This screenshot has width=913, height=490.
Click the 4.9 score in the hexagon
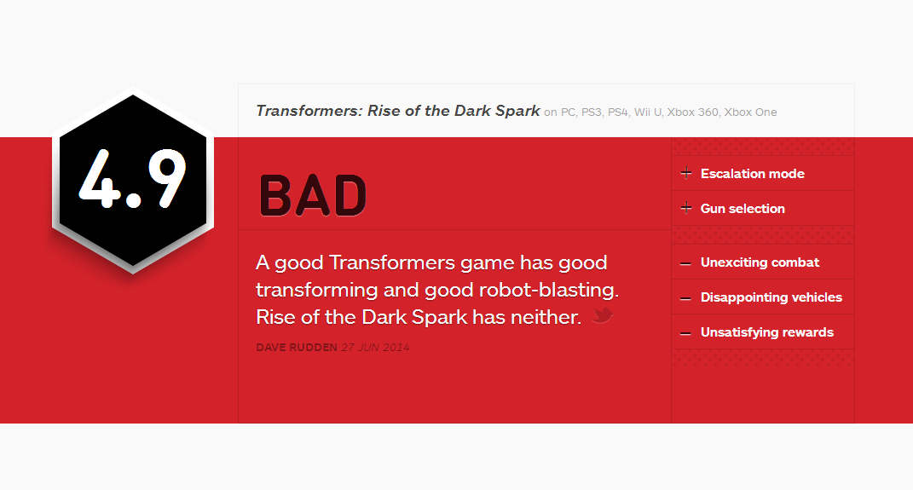pyautogui.click(x=133, y=178)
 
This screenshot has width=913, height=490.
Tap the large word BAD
pyautogui.click(x=313, y=196)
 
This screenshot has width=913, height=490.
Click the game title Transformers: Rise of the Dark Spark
pyautogui.click(x=398, y=111)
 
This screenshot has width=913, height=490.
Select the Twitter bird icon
pyautogui.click(x=602, y=315)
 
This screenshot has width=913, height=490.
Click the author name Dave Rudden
pyautogui.click(x=297, y=348)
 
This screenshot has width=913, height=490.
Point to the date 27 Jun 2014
pyautogui.click(x=376, y=348)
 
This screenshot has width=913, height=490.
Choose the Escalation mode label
pyautogui.click(x=752, y=174)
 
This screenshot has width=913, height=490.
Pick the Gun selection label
pyautogui.click(x=743, y=208)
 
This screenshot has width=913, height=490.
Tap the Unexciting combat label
pyautogui.click(x=760, y=262)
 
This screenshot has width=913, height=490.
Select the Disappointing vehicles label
pyautogui.click(x=771, y=297)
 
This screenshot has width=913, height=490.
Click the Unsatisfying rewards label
pyautogui.click(x=767, y=332)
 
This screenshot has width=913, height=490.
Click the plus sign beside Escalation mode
pyautogui.click(x=686, y=173)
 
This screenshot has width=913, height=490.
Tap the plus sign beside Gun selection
pyautogui.click(x=686, y=208)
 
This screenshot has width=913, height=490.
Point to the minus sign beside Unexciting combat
pyautogui.click(x=685, y=263)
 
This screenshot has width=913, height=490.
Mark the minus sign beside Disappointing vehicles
pyautogui.click(x=685, y=298)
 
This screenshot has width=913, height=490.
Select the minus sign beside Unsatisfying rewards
pyautogui.click(x=685, y=333)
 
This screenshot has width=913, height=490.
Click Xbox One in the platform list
pyautogui.click(x=750, y=112)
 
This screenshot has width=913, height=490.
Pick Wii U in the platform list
pyautogui.click(x=648, y=112)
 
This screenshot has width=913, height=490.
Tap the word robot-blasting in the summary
pyautogui.click(x=548, y=290)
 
